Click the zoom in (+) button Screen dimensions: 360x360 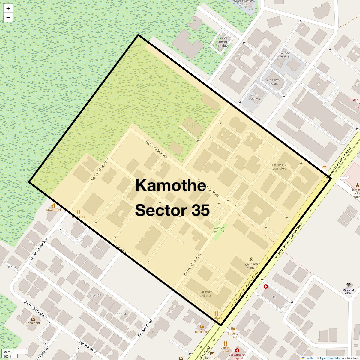click(8, 9)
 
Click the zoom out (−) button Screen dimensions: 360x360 click(8, 18)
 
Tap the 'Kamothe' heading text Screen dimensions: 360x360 click(170, 185)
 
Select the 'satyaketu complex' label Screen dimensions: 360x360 click(279, 166)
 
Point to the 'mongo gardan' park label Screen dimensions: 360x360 click(219, 229)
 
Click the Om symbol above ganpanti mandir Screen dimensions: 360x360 click(251, 259)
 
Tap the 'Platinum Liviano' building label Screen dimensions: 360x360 click(205, 294)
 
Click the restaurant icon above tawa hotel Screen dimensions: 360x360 click(53, 205)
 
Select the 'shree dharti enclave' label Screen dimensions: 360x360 click(223, 42)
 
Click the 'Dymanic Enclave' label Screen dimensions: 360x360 click(284, 55)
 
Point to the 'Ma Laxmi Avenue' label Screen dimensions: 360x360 click(273, 82)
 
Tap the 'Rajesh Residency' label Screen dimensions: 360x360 click(254, 97)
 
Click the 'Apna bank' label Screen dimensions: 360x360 click(33, 323)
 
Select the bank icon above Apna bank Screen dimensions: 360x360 click(33, 319)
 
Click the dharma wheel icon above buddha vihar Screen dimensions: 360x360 click(348, 284)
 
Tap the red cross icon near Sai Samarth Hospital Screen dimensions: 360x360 click(237, 350)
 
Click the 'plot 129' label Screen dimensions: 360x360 click(95, 295)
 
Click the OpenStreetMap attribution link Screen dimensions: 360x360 click(330, 358)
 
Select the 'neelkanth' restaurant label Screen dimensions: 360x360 click(202, 332)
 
